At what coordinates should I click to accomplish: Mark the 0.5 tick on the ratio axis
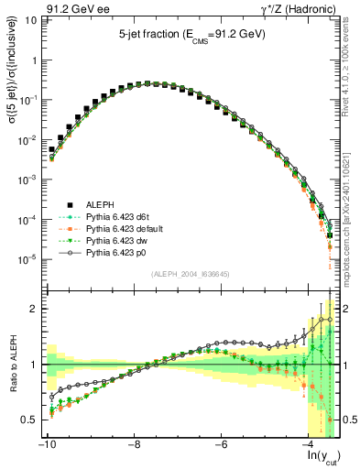coord(30,420)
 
